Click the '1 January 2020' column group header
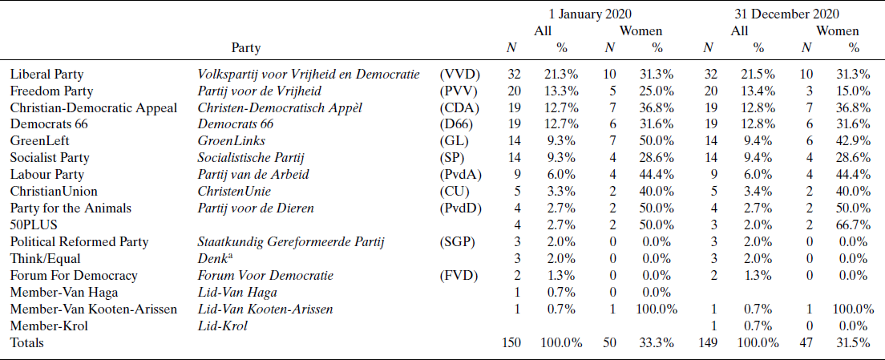(590, 14)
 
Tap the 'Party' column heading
(245, 48)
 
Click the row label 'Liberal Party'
(46, 74)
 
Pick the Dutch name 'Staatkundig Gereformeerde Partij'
(292, 241)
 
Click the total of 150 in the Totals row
(511, 342)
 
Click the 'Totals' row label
(27, 342)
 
